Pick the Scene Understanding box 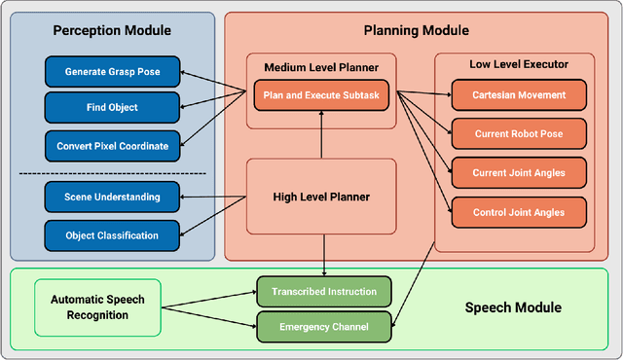coord(112,198)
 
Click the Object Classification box coord(112,234)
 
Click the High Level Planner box coord(320,197)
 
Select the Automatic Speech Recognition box coord(97,307)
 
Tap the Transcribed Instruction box coord(324,290)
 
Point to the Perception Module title coord(112,30)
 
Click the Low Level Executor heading coord(518,64)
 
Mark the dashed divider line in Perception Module coord(112,173)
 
